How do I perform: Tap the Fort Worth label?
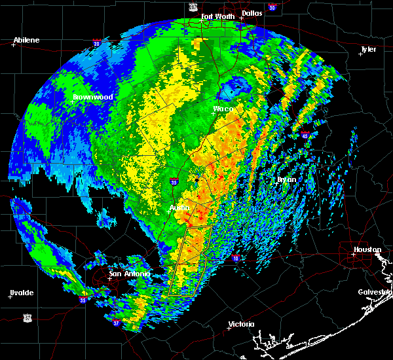(x=217, y=16)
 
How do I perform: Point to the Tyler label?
(x=369, y=49)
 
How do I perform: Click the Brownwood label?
(x=93, y=97)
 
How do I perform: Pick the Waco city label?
(x=223, y=108)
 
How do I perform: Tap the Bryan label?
(x=286, y=179)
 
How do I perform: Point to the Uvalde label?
(x=22, y=292)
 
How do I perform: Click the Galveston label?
(x=374, y=292)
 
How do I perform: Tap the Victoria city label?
(x=241, y=324)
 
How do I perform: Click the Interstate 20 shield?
(x=96, y=44)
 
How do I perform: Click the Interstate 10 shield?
(x=234, y=258)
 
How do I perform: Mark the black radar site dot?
(x=196, y=179)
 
